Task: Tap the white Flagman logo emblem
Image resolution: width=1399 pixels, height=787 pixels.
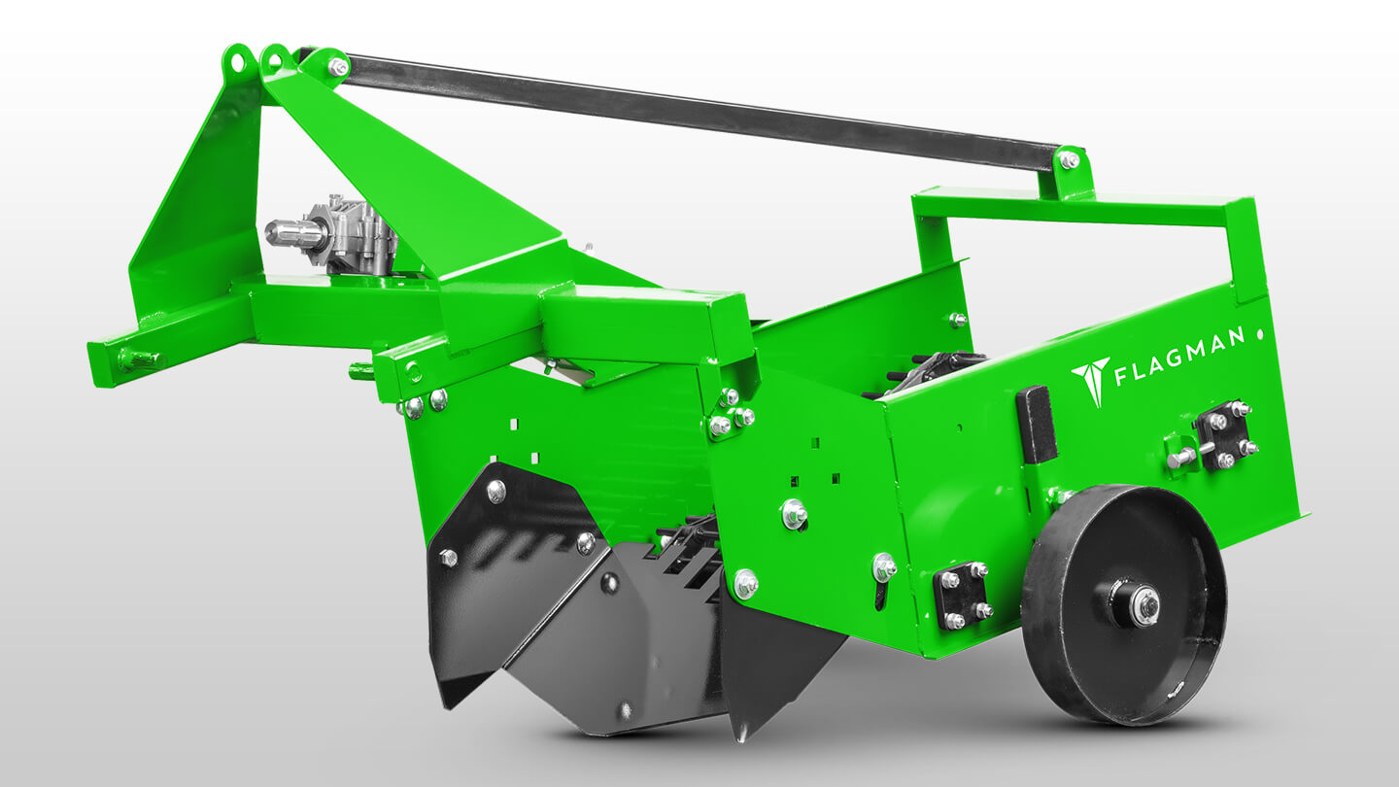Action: (x=1090, y=381)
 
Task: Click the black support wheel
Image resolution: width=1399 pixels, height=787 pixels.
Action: (x=1123, y=605)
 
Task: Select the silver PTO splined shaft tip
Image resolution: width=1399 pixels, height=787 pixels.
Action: (x=280, y=231)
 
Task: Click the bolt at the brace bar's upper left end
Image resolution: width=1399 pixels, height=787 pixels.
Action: (x=338, y=66)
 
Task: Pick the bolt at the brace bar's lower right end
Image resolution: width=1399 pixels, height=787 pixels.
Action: (x=1070, y=160)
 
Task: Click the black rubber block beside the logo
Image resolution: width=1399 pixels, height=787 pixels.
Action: (x=1036, y=424)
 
